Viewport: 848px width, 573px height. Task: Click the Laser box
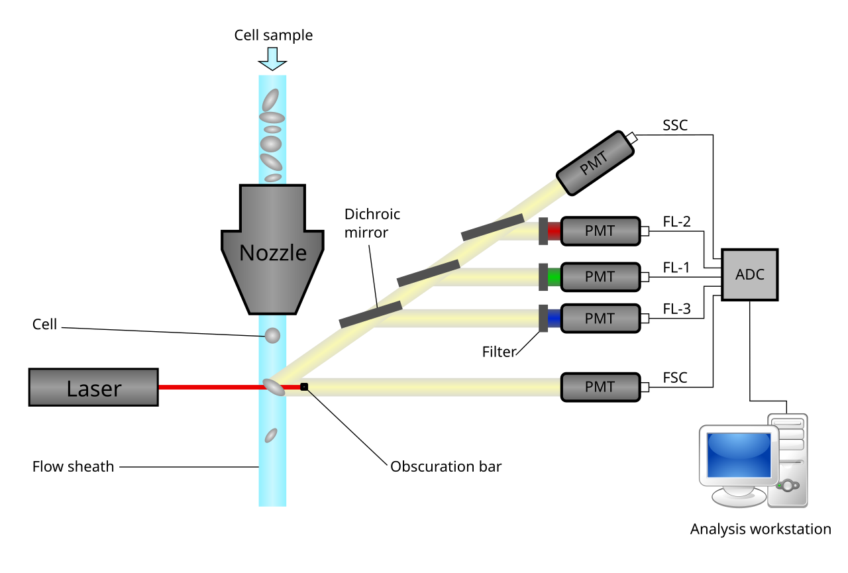point(93,388)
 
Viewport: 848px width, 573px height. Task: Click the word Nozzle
point(272,253)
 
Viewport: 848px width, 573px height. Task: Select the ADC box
point(749,274)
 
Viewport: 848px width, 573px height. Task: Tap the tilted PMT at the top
point(594,164)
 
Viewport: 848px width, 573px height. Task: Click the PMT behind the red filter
point(600,231)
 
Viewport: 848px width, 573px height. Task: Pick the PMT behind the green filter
point(600,277)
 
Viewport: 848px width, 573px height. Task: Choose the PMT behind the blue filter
point(600,318)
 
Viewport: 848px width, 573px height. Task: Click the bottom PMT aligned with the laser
point(600,387)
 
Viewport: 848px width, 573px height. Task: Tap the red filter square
point(555,231)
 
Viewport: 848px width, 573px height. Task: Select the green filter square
point(555,277)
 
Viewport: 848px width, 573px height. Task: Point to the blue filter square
point(555,318)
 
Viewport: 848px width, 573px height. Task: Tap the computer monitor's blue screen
point(739,454)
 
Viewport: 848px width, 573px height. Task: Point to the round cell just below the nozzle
point(272,335)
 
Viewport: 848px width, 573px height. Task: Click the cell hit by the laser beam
point(274,387)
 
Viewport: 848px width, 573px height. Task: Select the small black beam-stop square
point(304,386)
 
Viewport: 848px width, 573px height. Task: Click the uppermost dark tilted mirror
point(492,227)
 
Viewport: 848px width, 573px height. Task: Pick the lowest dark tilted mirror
point(370,315)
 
